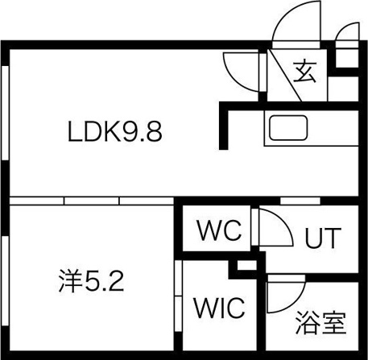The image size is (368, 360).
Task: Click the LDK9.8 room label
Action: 115,131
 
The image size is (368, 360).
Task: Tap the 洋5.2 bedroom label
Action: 92,281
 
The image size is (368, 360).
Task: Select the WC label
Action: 219,230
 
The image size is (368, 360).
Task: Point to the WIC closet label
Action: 219,308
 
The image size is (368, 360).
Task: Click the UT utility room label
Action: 323,238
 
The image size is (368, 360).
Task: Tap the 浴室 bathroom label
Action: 320,322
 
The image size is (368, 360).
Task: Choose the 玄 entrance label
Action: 304,72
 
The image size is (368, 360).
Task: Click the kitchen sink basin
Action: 288,128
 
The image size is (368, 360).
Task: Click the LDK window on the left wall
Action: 5,113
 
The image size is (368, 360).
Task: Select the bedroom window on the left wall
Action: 5,281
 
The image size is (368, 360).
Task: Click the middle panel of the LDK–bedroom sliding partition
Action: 92,201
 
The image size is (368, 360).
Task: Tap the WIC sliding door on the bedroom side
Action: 178,296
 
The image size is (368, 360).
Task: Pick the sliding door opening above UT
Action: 300,201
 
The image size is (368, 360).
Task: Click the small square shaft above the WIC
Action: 246,266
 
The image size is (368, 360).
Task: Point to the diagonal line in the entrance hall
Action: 285,76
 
